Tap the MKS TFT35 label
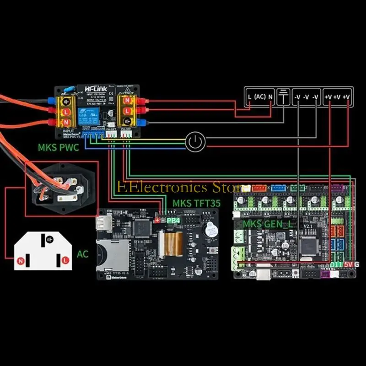[x=190, y=203]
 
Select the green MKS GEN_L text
[x=268, y=224]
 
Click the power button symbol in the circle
[x=195, y=143]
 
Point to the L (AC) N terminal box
[x=259, y=97]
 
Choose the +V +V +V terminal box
[x=337, y=97]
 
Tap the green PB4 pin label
[x=173, y=221]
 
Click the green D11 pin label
[x=336, y=265]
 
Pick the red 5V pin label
[x=349, y=265]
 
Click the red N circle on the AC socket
[x=20, y=261]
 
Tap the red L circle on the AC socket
[x=65, y=260]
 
